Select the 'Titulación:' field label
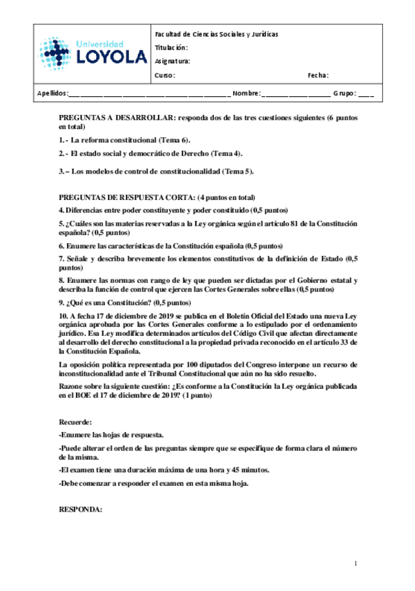171,47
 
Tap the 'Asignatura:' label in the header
173,61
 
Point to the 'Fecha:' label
318,75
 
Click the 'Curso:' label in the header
165,75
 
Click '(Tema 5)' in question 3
238,171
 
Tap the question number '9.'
61,302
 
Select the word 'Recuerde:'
75,422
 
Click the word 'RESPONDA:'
80,509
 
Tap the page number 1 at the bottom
355,563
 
